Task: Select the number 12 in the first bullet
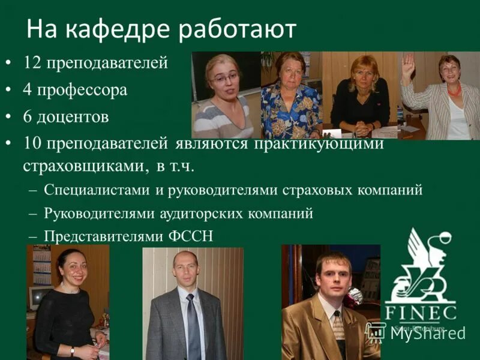point(32,62)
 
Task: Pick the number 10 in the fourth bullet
point(32,144)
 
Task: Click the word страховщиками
point(82,166)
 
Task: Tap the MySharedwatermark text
point(427,334)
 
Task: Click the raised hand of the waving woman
point(409,62)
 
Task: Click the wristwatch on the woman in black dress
point(72,351)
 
